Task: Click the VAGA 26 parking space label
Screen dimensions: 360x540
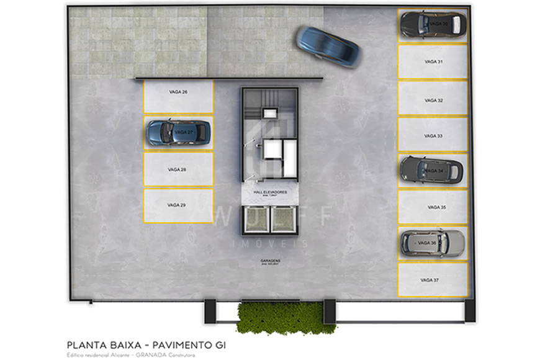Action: click(178, 92)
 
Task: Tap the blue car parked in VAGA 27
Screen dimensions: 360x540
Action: click(178, 132)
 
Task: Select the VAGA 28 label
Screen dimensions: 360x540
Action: click(177, 169)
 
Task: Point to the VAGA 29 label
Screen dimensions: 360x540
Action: click(177, 205)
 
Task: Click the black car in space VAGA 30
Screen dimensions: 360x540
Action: click(433, 24)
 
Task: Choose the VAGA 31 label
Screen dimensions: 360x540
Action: click(433, 62)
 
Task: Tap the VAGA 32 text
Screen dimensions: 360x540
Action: click(433, 100)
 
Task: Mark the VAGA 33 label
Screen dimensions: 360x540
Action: click(433, 135)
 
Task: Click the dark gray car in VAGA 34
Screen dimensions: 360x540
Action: click(431, 170)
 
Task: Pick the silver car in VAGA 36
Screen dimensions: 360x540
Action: click(432, 242)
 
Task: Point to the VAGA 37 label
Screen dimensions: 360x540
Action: click(430, 280)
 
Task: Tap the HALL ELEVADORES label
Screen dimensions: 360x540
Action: click(270, 193)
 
